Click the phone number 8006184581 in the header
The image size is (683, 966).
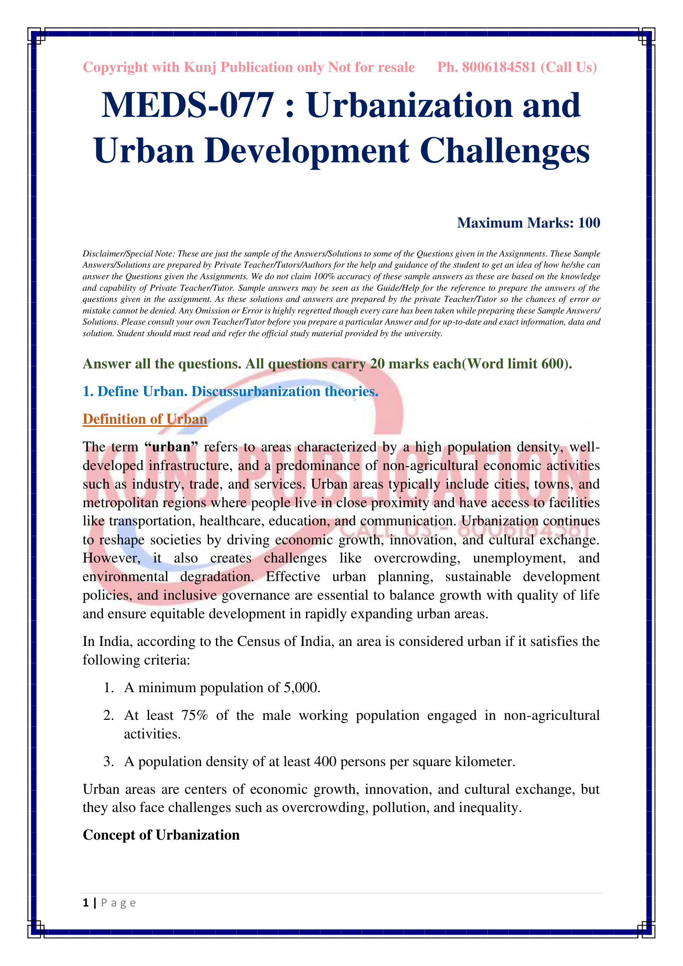click(499, 67)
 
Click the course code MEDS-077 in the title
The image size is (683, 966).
click(187, 105)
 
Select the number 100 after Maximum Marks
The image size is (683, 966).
click(589, 223)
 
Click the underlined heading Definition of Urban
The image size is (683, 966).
click(145, 419)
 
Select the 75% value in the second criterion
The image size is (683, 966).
click(194, 715)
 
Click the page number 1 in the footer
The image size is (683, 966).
click(86, 903)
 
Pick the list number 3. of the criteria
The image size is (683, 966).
click(109, 762)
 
